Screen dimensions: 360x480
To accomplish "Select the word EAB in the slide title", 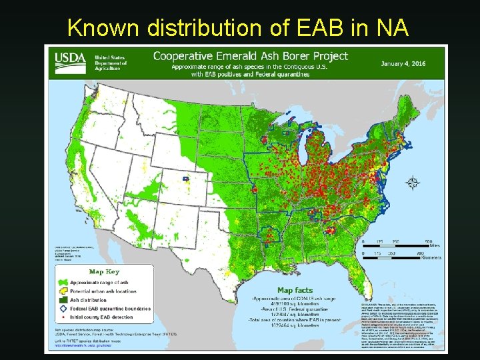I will tap(317, 27).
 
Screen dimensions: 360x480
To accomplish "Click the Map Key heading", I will tap(105, 271).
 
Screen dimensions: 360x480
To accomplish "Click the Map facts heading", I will tap(295, 291).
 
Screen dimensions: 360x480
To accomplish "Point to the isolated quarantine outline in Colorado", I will tap(185, 178).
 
